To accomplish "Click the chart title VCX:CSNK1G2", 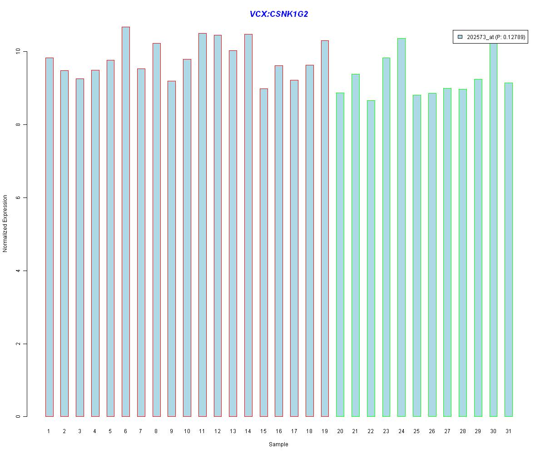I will tap(278, 14).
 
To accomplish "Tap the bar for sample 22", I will tap(371, 258).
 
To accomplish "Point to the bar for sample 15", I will tap(263, 252).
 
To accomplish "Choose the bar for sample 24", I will tap(401, 227).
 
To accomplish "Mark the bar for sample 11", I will tap(202, 225).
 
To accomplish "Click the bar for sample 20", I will tap(340, 254).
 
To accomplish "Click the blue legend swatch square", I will tap(460, 37).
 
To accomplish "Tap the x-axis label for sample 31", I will tap(509, 431).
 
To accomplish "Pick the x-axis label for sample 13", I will tap(233, 431).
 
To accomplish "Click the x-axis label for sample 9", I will tap(171, 431).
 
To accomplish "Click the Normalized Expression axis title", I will tap(5, 223).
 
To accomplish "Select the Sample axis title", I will tap(278, 444).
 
